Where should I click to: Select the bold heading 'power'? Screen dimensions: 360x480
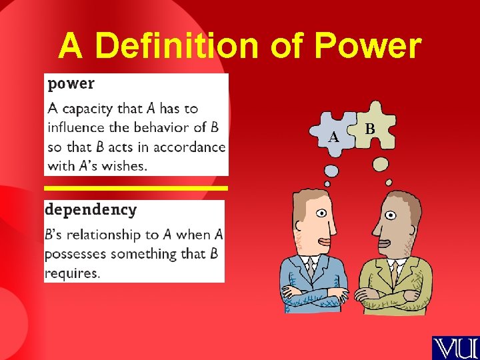point(71,84)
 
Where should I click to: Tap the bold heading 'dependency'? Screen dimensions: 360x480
point(91,209)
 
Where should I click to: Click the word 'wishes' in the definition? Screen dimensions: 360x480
point(126,166)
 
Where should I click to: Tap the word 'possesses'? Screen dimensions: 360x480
point(75,254)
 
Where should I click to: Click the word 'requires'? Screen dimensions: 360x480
point(71,273)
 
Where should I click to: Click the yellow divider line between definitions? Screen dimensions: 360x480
point(136,189)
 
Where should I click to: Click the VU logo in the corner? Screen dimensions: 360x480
point(455,347)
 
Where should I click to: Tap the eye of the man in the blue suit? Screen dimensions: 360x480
point(322,214)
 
